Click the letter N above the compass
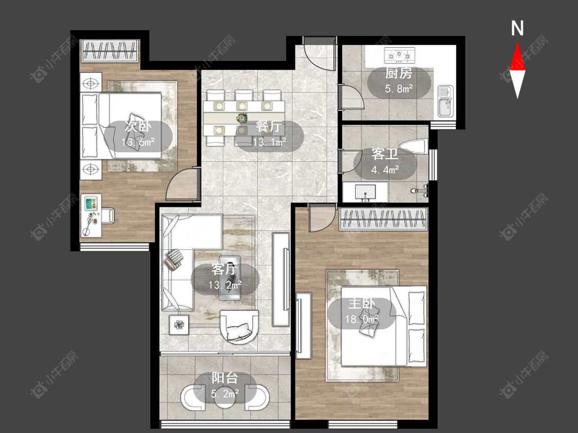(517, 28)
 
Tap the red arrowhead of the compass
(517, 56)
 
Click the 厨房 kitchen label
(399, 73)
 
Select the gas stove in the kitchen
(399, 55)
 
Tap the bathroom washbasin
(365, 192)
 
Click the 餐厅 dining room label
(269, 127)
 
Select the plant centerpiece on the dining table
(241, 118)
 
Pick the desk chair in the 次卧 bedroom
(108, 216)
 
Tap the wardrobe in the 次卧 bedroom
(110, 50)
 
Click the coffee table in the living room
(230, 278)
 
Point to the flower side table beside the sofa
(179, 325)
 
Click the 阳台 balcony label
(225, 378)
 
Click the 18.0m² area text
(362, 319)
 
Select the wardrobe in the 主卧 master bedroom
(383, 220)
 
